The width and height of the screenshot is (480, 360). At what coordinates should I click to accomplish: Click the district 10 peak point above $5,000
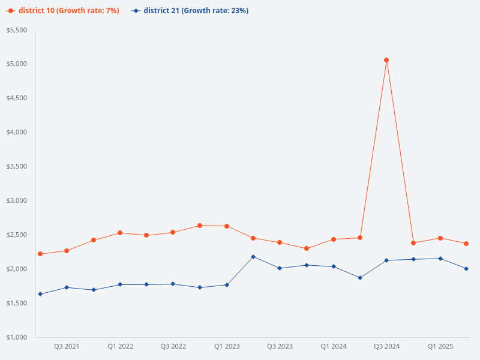(386, 60)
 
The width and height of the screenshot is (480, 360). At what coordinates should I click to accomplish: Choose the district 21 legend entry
(190, 11)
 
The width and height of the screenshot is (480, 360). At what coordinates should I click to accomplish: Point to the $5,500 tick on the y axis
(17, 30)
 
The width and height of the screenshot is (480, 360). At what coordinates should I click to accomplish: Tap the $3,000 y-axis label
(17, 200)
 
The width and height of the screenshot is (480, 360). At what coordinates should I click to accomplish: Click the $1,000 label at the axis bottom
(17, 337)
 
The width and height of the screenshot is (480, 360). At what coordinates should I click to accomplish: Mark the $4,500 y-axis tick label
(17, 98)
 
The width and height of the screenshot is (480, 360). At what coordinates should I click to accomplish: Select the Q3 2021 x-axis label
(67, 346)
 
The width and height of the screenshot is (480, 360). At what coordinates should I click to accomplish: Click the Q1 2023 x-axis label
(227, 346)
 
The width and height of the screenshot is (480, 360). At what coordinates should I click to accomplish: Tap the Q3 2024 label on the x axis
(386, 346)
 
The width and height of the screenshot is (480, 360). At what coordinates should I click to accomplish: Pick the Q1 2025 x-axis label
(440, 346)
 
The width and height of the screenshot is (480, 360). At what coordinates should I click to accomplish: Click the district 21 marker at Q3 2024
(386, 260)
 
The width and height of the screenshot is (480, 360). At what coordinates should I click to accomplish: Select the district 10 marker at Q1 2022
(120, 233)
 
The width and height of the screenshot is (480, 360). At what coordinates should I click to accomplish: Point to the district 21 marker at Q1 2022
(120, 284)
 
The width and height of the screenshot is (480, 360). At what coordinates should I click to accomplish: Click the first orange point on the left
(40, 254)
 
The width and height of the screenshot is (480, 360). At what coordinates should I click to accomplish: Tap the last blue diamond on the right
(466, 269)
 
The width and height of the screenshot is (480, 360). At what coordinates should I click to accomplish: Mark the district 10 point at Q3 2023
(280, 242)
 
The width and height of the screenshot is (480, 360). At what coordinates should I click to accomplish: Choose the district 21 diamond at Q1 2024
(333, 266)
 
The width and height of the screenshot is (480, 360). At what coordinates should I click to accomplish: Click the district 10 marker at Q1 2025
(440, 238)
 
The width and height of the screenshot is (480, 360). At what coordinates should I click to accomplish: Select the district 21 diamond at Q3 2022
(173, 284)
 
